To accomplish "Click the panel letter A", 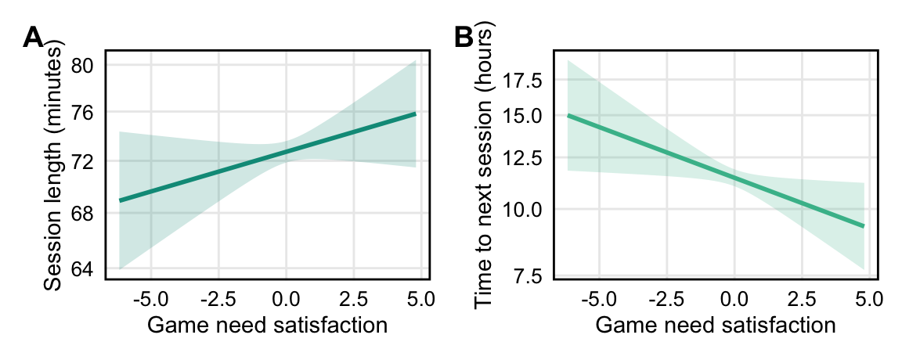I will (x=33, y=37).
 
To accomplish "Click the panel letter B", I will (x=464, y=37).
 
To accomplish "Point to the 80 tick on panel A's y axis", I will (x=82, y=65).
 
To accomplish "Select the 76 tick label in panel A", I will (x=82, y=113).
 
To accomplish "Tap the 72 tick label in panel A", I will (x=82, y=162).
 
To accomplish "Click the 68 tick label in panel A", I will (x=82, y=213).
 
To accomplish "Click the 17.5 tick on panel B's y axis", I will (x=526, y=80).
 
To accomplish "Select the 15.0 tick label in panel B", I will (x=526, y=116).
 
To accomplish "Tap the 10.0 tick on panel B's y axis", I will (x=526, y=209).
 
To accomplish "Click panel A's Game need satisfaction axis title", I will (x=267, y=325).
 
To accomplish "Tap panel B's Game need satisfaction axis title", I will (x=715, y=325).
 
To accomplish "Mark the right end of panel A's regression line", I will (x=415, y=114).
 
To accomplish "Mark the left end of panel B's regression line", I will (x=568, y=115).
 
